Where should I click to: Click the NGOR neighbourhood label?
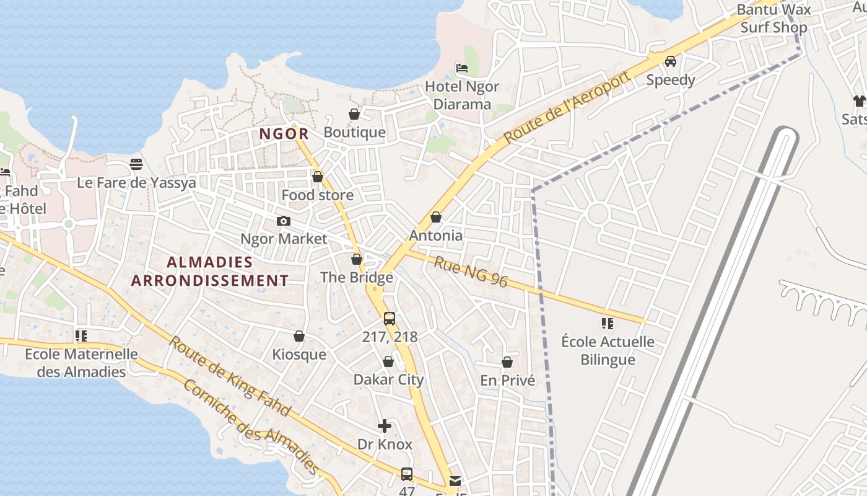click(x=284, y=133)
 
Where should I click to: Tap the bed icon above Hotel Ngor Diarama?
click(x=462, y=68)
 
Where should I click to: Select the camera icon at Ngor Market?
click(x=284, y=221)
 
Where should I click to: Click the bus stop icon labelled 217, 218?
click(x=389, y=319)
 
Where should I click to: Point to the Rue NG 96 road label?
click(x=471, y=272)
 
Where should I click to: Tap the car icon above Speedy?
click(x=670, y=61)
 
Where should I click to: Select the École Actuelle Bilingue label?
click(x=608, y=351)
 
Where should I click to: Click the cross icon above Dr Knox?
click(x=385, y=426)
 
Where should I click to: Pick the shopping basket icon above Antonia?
click(x=436, y=217)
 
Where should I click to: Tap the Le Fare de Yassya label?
click(x=136, y=183)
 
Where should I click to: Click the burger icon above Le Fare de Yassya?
click(x=136, y=164)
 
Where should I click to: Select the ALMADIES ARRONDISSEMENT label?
click(x=210, y=272)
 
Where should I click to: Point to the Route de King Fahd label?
click(x=229, y=376)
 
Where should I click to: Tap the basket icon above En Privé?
click(x=507, y=362)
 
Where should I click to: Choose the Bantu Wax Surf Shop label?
click(x=773, y=19)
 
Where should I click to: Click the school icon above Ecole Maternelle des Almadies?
click(x=81, y=336)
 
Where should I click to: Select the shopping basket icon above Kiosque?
click(x=299, y=336)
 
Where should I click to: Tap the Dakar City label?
click(x=388, y=380)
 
